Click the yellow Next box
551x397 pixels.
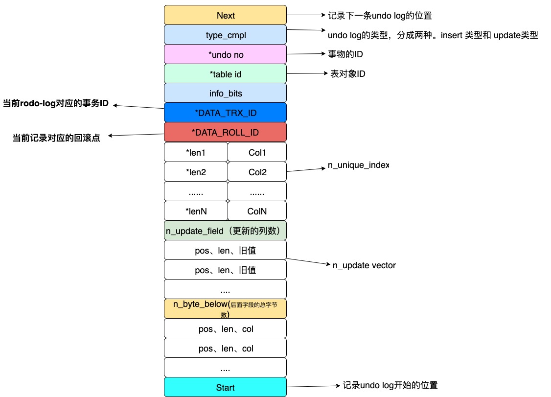(x=225, y=15)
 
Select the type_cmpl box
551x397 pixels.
(x=225, y=35)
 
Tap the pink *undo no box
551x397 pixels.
(x=225, y=54)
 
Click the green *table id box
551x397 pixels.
(x=225, y=74)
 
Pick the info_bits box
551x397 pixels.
(x=225, y=93)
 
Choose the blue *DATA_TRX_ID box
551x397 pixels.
(x=225, y=113)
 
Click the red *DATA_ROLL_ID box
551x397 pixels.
(x=225, y=132)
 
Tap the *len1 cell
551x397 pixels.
(x=196, y=152)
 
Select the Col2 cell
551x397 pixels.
(x=257, y=172)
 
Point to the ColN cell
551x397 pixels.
(x=257, y=211)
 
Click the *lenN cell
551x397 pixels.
(x=196, y=211)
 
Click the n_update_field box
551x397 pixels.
(x=225, y=231)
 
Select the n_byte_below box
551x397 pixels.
(x=225, y=309)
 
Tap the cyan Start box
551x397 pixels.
(x=225, y=387)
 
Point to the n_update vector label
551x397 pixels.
(x=364, y=265)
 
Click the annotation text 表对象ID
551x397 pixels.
(x=348, y=74)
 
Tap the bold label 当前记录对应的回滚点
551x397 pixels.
(x=56, y=138)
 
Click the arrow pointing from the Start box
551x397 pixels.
(x=313, y=386)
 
